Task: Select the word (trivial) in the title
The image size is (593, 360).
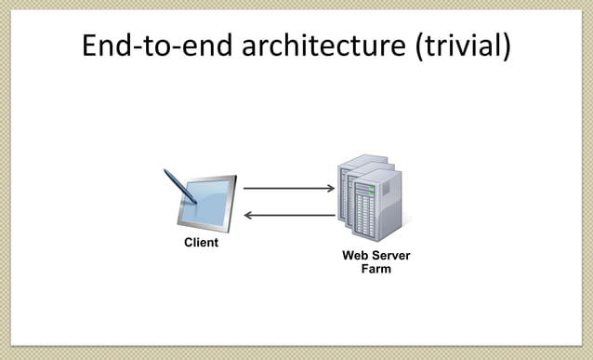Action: pyautogui.click(x=463, y=47)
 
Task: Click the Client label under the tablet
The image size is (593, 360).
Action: pyautogui.click(x=201, y=244)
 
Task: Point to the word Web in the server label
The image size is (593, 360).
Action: pyautogui.click(x=354, y=256)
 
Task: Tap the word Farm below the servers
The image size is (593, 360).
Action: pyautogui.click(x=376, y=270)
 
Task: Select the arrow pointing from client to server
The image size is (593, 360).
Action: pyautogui.click(x=288, y=189)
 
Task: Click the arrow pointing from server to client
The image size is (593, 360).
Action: pyautogui.click(x=288, y=216)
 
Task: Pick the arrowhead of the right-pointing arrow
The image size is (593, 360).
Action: pyautogui.click(x=330, y=189)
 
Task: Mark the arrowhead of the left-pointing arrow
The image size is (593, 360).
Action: pyautogui.click(x=246, y=216)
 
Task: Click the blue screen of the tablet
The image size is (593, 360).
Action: pyautogui.click(x=206, y=206)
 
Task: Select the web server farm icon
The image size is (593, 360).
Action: pyautogui.click(x=373, y=200)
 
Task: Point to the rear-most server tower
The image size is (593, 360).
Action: pyautogui.click(x=349, y=181)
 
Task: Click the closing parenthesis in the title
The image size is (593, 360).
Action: pyautogui.click(x=506, y=47)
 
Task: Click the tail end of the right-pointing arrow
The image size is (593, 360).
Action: pyautogui.click(x=246, y=189)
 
